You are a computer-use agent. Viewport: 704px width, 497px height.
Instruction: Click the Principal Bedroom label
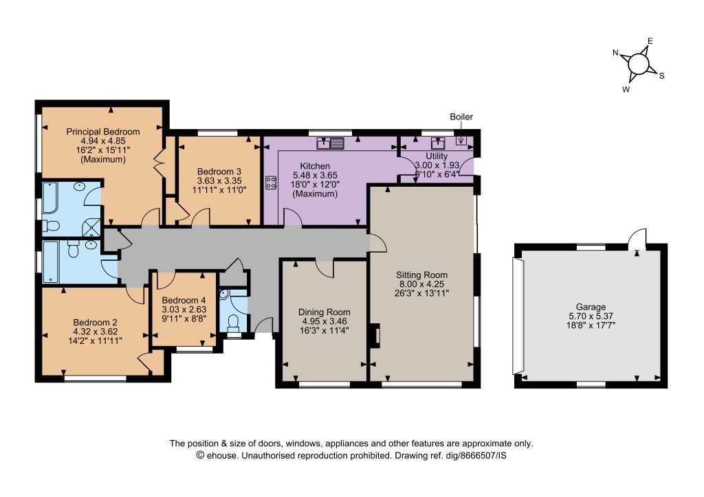103,132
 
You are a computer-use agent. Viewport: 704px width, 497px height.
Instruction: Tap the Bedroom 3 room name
219,172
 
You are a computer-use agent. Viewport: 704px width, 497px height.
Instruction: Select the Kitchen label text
315,166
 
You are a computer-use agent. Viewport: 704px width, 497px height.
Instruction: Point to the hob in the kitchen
271,182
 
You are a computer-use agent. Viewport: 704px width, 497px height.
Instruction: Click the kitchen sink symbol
331,143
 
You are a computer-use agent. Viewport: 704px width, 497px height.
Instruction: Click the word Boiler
461,117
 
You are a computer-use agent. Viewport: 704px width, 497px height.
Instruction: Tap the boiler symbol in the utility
461,140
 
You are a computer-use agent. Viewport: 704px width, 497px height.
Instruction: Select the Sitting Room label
421,275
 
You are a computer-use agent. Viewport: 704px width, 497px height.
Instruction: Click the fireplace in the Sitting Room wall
374,336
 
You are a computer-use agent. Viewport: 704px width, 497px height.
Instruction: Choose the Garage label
591,307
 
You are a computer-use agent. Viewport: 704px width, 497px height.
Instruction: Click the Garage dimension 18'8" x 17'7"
591,325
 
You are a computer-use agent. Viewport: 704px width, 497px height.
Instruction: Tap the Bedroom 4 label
184,300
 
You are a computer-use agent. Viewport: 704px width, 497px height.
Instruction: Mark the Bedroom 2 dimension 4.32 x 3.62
95,332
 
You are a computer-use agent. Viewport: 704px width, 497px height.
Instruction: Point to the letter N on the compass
615,53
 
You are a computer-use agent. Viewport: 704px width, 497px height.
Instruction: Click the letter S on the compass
661,76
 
